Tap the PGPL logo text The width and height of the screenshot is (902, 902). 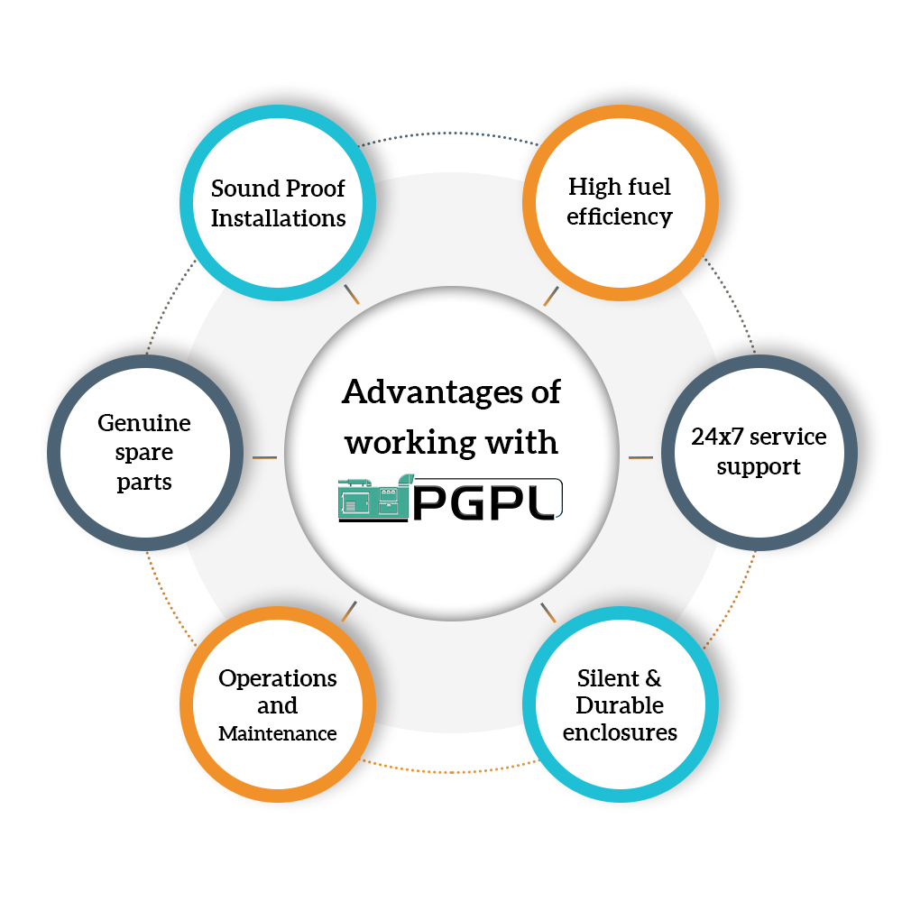tap(488, 499)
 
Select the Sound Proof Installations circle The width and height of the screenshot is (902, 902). tap(278, 203)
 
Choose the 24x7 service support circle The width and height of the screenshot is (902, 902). tap(759, 451)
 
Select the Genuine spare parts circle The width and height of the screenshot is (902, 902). tap(144, 451)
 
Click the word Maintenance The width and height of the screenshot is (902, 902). tap(278, 734)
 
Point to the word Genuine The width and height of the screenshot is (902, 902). tap(144, 422)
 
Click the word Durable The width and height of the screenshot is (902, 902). tap(620, 704)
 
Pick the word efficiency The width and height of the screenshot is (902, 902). tap(620, 216)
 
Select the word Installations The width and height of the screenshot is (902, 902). tap(278, 218)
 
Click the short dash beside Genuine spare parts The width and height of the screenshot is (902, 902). tap(264, 458)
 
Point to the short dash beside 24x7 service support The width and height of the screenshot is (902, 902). tap(640, 457)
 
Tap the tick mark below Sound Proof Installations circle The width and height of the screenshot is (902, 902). tap(353, 294)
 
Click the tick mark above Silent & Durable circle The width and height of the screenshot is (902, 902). tap(548, 613)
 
